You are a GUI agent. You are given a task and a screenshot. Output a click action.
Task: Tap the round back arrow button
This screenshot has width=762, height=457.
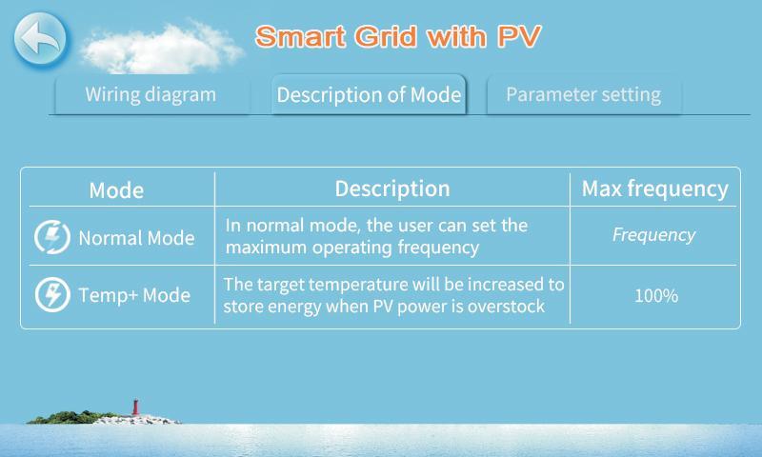tap(40, 39)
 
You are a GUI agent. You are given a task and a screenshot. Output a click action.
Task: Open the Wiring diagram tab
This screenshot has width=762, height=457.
tap(150, 94)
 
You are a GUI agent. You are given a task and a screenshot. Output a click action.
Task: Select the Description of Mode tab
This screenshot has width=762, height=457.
tap(369, 94)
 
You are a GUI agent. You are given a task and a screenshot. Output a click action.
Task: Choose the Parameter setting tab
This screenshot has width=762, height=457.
tap(583, 94)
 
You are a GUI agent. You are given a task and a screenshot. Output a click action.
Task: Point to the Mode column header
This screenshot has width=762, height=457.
tap(116, 189)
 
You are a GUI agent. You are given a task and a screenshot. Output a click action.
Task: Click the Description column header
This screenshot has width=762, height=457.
tap(392, 189)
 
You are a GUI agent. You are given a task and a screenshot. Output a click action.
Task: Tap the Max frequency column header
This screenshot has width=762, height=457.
tap(655, 189)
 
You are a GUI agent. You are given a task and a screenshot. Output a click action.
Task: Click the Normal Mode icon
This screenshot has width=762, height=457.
tap(52, 237)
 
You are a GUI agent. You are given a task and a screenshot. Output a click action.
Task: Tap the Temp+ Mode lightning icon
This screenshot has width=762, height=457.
tap(52, 295)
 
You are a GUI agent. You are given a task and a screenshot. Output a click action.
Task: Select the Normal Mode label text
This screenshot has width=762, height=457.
tap(136, 238)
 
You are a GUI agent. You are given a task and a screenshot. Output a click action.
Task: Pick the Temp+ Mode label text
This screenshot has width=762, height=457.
tap(134, 295)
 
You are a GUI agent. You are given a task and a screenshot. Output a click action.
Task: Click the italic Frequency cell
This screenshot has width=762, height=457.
tap(653, 235)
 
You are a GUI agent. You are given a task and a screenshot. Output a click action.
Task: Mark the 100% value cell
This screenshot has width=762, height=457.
tap(656, 296)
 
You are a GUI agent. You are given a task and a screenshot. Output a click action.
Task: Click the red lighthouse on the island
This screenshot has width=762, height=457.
tap(135, 407)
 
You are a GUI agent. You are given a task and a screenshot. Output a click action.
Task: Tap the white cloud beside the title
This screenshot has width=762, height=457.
tap(161, 48)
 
